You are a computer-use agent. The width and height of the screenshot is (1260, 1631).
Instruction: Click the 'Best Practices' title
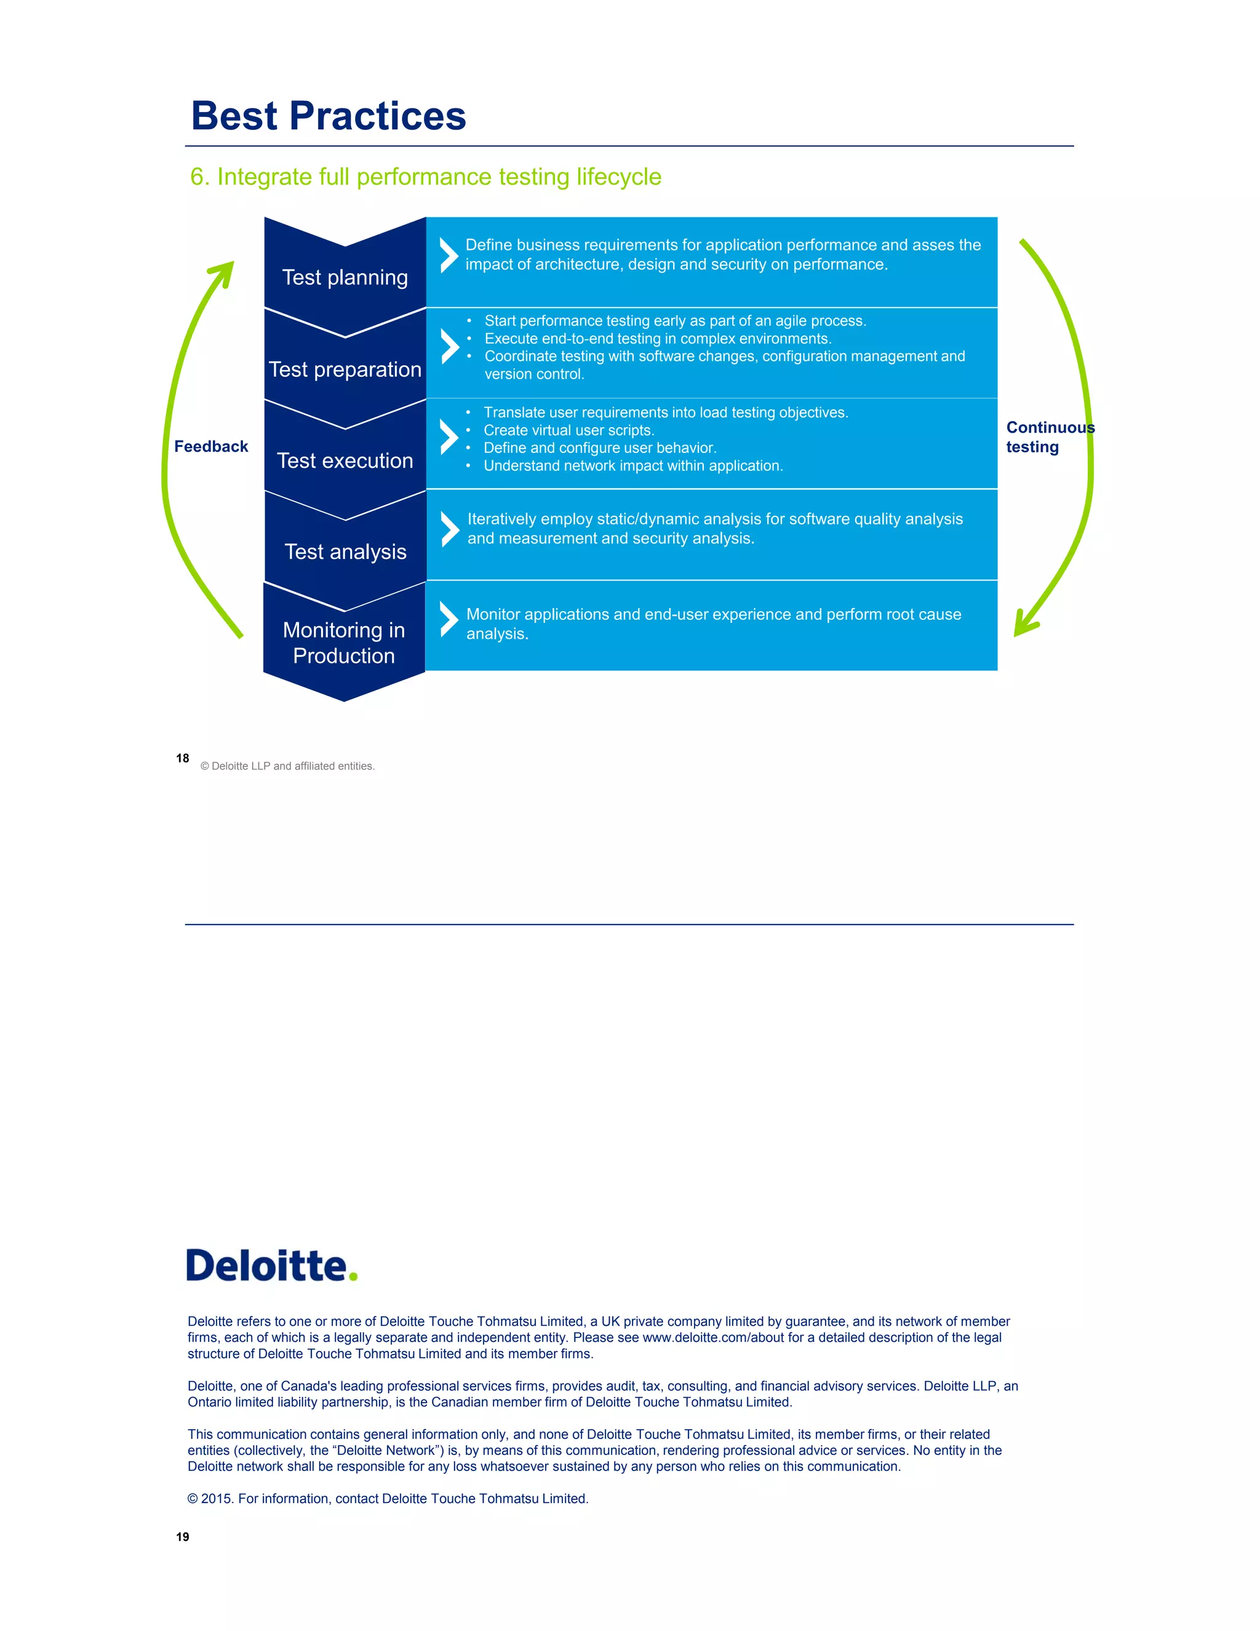[x=329, y=116]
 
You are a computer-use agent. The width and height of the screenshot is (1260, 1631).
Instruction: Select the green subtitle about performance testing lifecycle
[x=426, y=177]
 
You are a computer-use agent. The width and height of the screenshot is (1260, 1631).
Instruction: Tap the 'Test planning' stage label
[x=345, y=278]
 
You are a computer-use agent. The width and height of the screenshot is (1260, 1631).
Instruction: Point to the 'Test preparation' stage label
[x=345, y=370]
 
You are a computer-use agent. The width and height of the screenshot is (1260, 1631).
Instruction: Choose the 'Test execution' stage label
[x=345, y=461]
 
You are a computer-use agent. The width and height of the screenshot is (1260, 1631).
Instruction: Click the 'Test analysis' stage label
[x=345, y=552]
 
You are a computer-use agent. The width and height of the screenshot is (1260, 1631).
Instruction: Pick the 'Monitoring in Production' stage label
[x=344, y=643]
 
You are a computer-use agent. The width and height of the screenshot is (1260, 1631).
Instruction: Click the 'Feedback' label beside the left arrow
[x=210, y=447]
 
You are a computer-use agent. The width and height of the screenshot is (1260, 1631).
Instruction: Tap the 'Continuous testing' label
[x=1049, y=437]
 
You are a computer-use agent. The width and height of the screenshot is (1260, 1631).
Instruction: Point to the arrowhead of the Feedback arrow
[x=223, y=272]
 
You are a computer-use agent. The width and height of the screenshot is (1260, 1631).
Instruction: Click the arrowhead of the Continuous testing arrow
[x=1024, y=624]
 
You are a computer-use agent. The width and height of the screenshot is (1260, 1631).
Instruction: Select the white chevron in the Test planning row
[x=449, y=255]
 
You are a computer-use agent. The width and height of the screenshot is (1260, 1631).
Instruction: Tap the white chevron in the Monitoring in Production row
[x=449, y=619]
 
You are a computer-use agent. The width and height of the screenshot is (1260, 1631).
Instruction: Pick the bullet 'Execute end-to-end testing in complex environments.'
[x=657, y=339]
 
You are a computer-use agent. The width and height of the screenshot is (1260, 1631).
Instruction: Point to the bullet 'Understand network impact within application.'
[x=632, y=466]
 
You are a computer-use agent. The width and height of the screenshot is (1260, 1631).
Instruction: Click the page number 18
[x=183, y=758]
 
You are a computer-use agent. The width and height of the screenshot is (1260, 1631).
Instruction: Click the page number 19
[x=183, y=1537]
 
